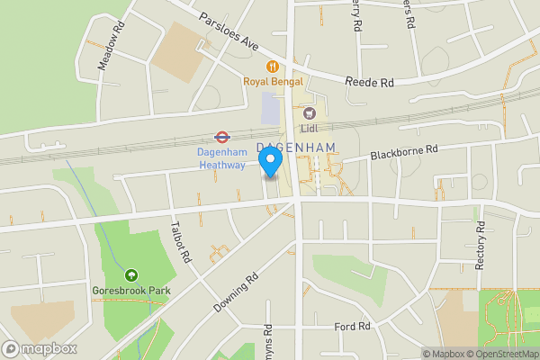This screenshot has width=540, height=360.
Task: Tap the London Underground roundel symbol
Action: coord(220,137)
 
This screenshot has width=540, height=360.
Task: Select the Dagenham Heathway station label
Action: coord(221,158)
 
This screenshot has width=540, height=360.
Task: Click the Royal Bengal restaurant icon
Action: coord(271,66)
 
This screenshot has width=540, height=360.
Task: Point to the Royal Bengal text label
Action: coord(270,82)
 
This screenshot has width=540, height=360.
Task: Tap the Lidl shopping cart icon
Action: coord(310,112)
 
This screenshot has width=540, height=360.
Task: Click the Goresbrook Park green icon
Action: coord(131,274)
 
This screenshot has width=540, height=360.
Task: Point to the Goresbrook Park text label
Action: coord(130,291)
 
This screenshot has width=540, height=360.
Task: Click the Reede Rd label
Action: coord(370,82)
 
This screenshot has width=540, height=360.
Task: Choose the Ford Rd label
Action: coord(352,327)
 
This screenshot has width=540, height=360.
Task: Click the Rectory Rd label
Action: coord(478,241)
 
